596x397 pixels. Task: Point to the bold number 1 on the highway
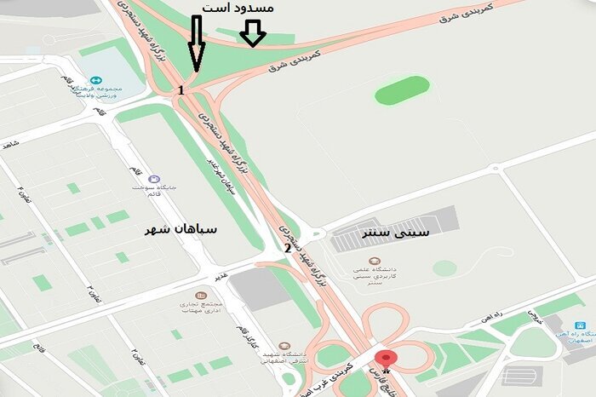click(x=181, y=89)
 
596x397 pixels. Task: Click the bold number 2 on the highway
click(x=288, y=249)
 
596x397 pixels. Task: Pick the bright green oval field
click(x=403, y=89)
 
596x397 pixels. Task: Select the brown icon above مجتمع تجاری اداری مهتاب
click(x=201, y=295)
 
